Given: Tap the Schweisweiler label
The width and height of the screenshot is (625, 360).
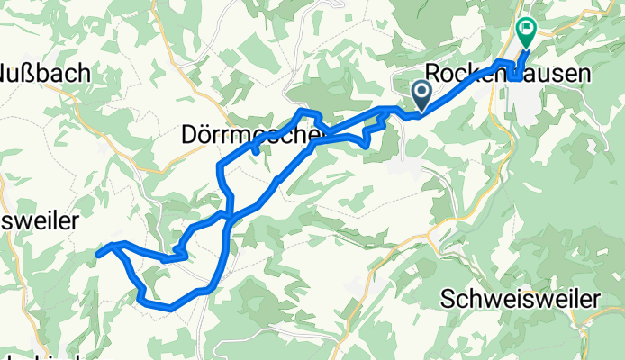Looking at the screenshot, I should tap(521, 298).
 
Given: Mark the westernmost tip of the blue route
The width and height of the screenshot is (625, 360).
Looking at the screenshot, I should tap(97, 255).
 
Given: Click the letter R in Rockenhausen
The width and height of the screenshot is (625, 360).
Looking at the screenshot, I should tap(432, 73).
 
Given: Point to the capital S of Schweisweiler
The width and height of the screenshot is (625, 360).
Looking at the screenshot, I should tap(449, 298).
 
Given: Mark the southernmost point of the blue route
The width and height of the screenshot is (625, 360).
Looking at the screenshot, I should tap(169, 309).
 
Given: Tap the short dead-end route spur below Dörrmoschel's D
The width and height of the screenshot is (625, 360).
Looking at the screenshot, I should tap(256, 151).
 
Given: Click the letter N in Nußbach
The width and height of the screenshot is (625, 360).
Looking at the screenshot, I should tap(9, 73).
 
